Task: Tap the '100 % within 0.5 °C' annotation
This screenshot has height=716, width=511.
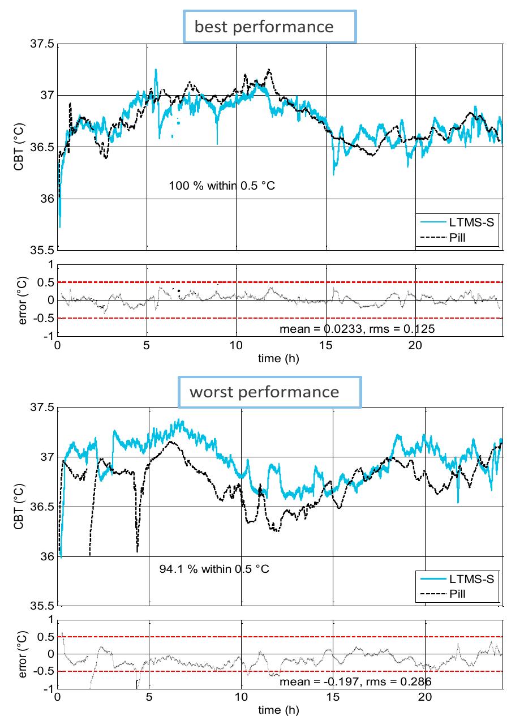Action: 222,185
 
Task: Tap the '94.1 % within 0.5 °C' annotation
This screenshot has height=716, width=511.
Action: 214,568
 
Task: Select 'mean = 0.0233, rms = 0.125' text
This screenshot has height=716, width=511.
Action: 358,329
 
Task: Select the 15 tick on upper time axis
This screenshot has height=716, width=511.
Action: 325,345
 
